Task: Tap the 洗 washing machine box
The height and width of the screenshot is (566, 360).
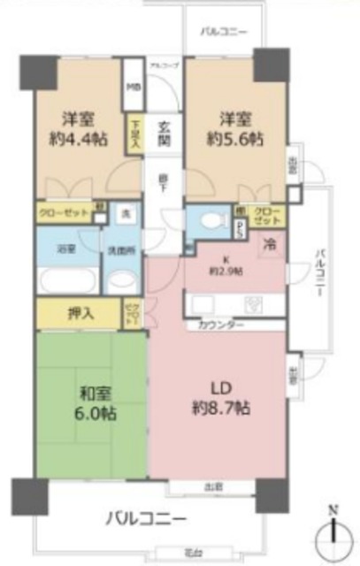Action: point(124,214)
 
